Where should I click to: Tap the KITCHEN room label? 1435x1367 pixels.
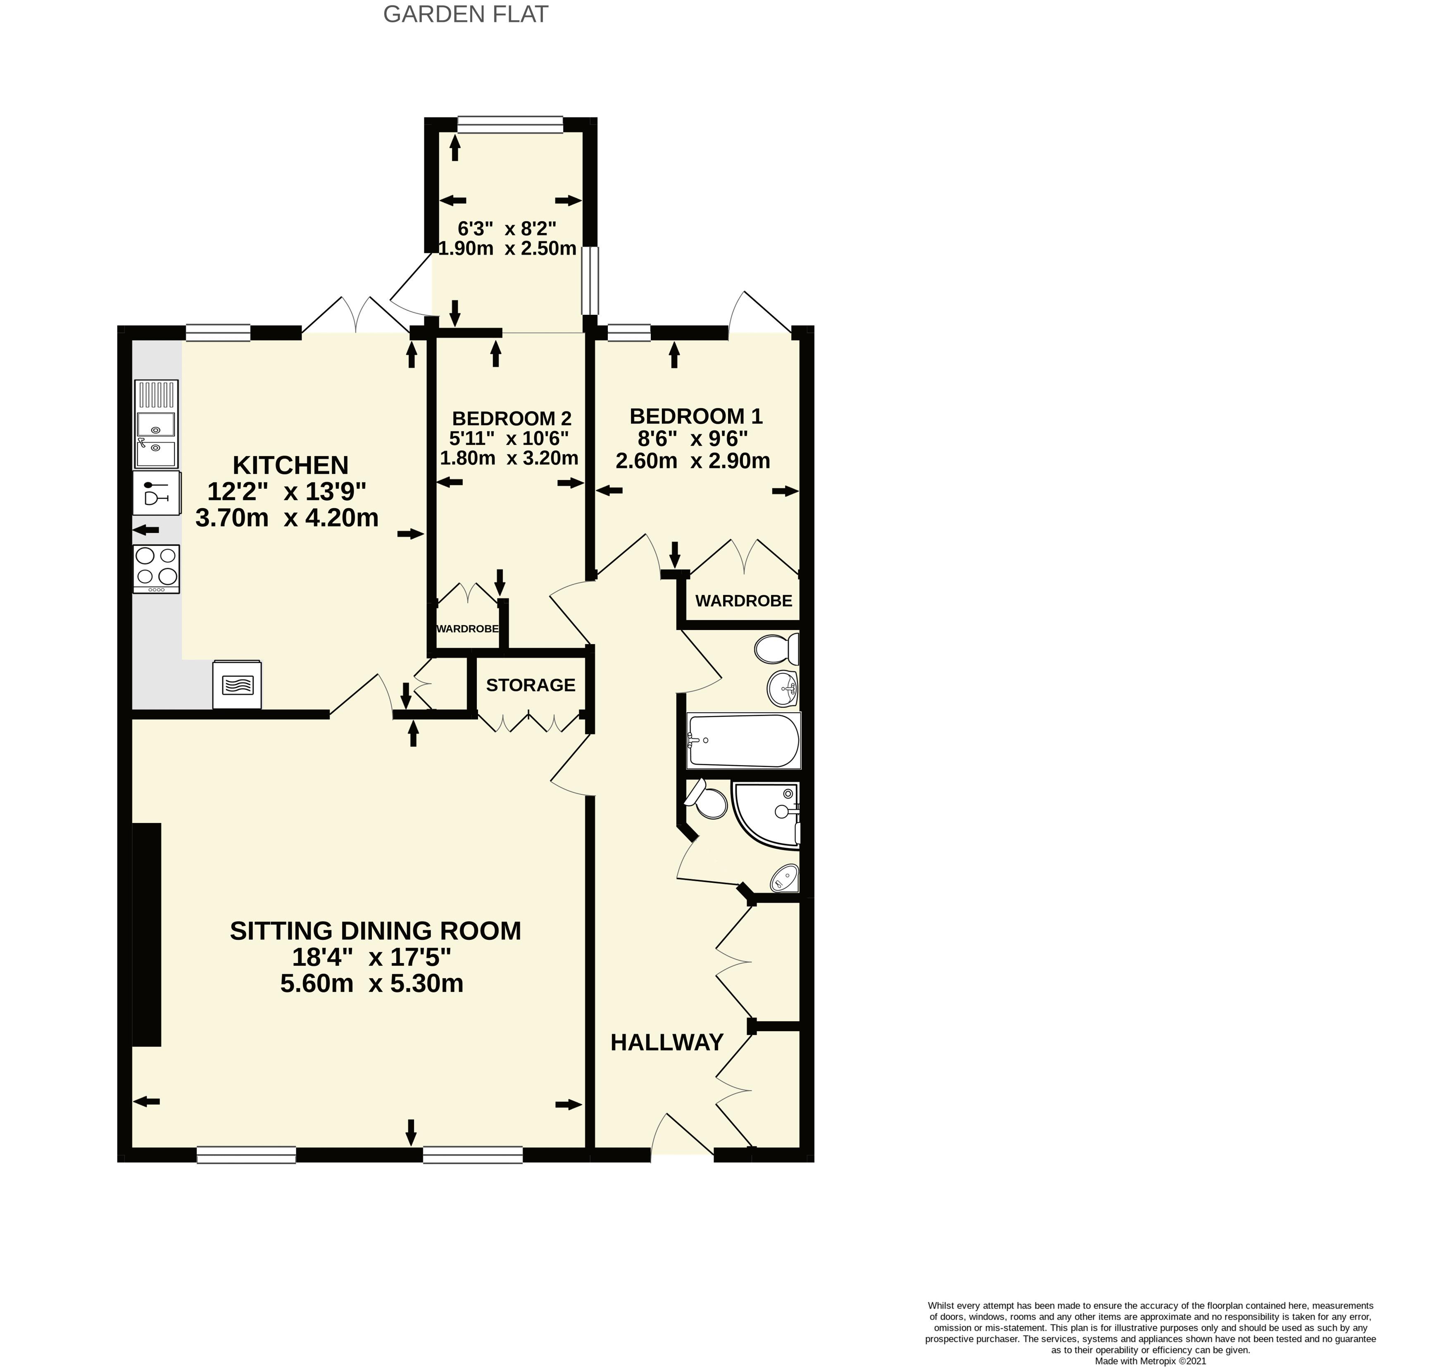290,465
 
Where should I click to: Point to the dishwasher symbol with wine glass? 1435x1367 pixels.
156,492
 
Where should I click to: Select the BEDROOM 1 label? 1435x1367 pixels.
695,416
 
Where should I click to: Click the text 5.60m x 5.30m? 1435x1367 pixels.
372,984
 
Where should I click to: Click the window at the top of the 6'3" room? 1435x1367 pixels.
510,125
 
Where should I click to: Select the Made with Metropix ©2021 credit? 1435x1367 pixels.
1149,1360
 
